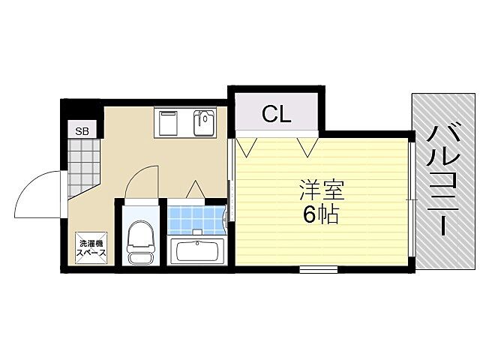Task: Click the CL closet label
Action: point(277,114)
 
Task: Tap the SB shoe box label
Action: point(81,131)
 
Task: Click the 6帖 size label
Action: point(321,216)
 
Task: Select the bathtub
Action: point(196,251)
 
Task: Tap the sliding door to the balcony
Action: point(412,199)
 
